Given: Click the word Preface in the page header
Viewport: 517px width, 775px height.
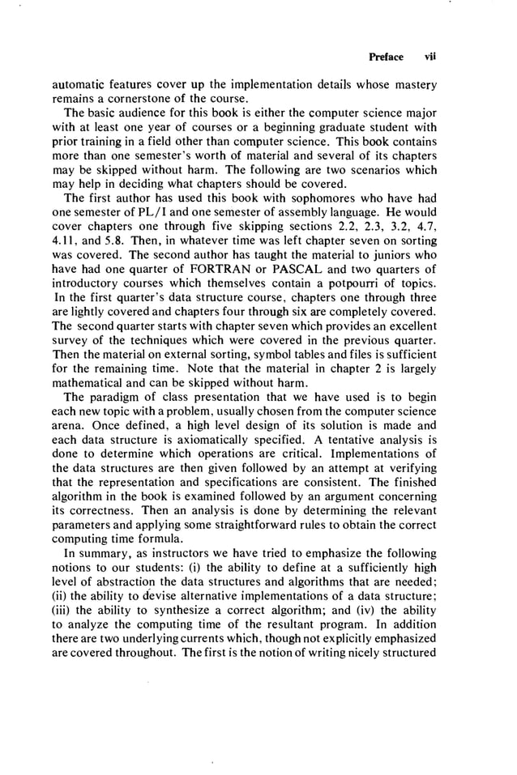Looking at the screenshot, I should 386,57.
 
